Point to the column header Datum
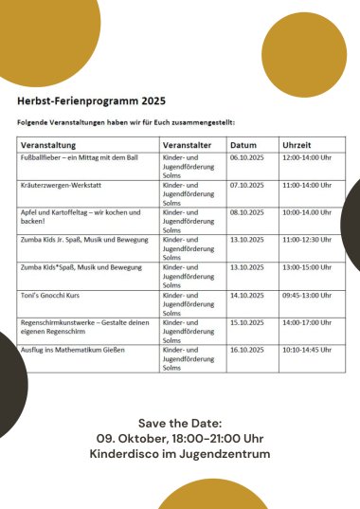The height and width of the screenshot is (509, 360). tap(243, 144)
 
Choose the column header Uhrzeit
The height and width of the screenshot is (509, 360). tap(297, 144)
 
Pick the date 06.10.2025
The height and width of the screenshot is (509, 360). tap(249, 157)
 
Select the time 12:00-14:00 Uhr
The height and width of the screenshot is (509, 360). tap(307, 157)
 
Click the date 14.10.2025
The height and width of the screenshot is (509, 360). tap(249, 295)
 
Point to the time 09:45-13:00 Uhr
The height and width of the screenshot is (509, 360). tap(307, 295)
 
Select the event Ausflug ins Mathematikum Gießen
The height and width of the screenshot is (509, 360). tap(74, 350)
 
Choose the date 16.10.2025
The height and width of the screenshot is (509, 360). tap(249, 350)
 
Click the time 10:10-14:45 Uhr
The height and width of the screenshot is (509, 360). tap(307, 350)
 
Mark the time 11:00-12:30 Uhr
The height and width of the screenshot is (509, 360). tap(307, 240)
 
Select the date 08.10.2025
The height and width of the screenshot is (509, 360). tap(249, 212)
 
